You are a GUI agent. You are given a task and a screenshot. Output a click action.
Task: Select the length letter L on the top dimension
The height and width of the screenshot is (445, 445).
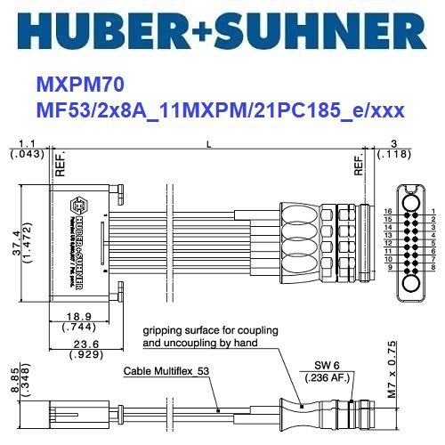(208, 142)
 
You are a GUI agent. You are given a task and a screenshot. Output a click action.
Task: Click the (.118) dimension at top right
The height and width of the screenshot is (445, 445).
(393, 155)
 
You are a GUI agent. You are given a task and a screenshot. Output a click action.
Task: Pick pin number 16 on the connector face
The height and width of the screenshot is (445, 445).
(388, 211)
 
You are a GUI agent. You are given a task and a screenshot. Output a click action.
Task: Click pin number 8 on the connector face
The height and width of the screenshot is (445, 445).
(432, 267)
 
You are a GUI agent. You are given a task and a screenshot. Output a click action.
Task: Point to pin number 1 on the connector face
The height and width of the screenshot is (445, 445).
(432, 211)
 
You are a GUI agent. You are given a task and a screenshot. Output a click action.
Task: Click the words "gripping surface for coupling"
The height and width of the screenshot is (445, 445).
(208, 328)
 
